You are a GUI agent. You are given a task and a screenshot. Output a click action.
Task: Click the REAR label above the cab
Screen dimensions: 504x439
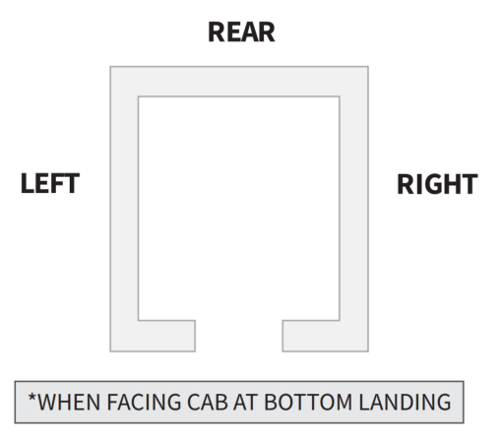tap(241, 32)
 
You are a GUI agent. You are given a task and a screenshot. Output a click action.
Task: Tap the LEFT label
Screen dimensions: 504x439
tap(50, 183)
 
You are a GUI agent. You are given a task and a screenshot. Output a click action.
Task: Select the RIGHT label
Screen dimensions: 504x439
tap(437, 184)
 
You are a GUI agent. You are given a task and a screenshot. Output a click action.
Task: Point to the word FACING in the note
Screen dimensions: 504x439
tap(144, 402)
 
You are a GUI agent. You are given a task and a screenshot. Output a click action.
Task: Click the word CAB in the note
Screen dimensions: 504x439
tap(208, 402)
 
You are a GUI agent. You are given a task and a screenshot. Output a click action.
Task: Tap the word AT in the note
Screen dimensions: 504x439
tap(246, 402)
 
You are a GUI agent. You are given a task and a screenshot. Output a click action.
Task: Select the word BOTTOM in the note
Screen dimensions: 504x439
tap(308, 402)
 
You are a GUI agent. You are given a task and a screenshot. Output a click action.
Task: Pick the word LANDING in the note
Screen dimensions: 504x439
tap(405, 402)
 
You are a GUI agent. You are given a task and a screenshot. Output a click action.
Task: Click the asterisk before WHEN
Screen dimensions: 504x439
tap(31, 398)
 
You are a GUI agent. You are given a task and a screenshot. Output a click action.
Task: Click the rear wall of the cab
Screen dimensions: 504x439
tap(239, 82)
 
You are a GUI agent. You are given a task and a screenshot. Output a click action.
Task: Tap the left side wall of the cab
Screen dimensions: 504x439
tap(124, 209)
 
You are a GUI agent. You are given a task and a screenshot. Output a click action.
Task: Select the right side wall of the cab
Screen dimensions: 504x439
tap(354, 209)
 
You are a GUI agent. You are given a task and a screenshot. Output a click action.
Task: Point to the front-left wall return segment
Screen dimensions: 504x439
tap(166, 336)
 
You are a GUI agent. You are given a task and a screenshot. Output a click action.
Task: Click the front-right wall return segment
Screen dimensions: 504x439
tap(311, 336)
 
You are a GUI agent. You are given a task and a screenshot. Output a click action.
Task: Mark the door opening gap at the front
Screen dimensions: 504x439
tap(239, 336)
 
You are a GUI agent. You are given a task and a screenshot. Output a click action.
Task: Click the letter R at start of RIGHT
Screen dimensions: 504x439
tap(406, 184)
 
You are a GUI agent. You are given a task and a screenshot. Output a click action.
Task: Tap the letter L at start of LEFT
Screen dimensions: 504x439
tap(27, 183)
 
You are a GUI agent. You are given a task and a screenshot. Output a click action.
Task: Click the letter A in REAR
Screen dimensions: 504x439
tap(248, 32)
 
